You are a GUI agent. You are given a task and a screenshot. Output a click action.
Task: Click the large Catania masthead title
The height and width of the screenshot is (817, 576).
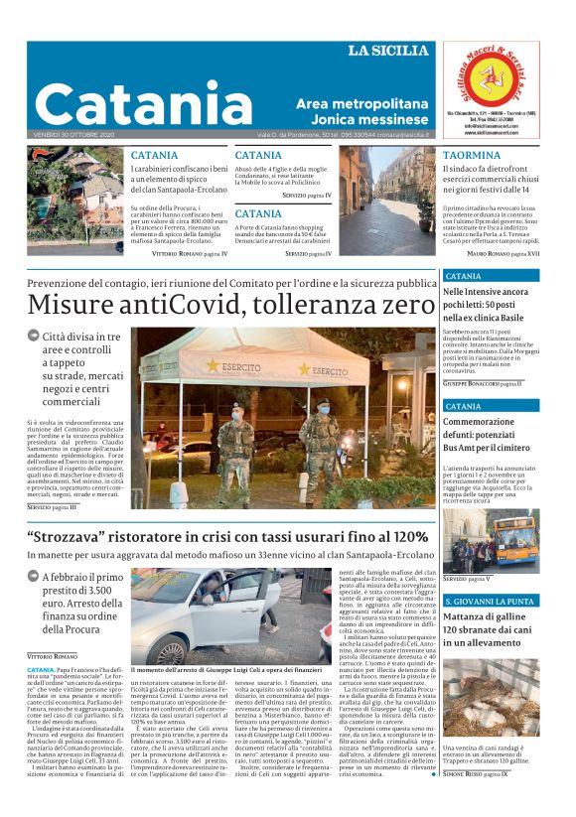[x=149, y=103]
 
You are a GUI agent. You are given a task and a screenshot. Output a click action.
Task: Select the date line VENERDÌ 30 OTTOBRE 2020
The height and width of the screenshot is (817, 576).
[x=73, y=134]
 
